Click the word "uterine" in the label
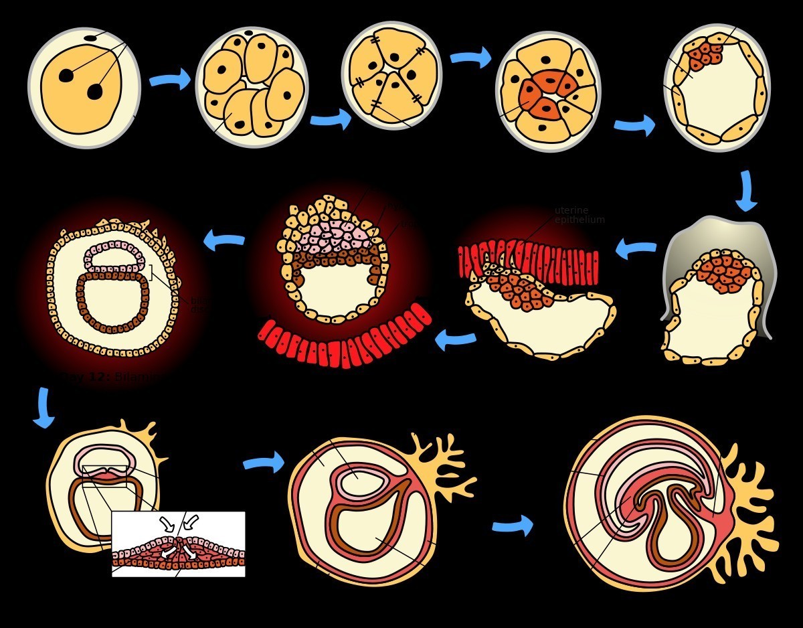tap(571, 211)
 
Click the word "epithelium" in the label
tap(579, 220)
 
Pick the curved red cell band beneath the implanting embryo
tap(345, 341)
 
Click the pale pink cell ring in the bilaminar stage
tap(114, 258)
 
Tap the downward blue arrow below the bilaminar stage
tap(43, 407)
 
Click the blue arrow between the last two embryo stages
tap(513, 526)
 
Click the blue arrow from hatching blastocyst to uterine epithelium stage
tap(636, 250)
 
